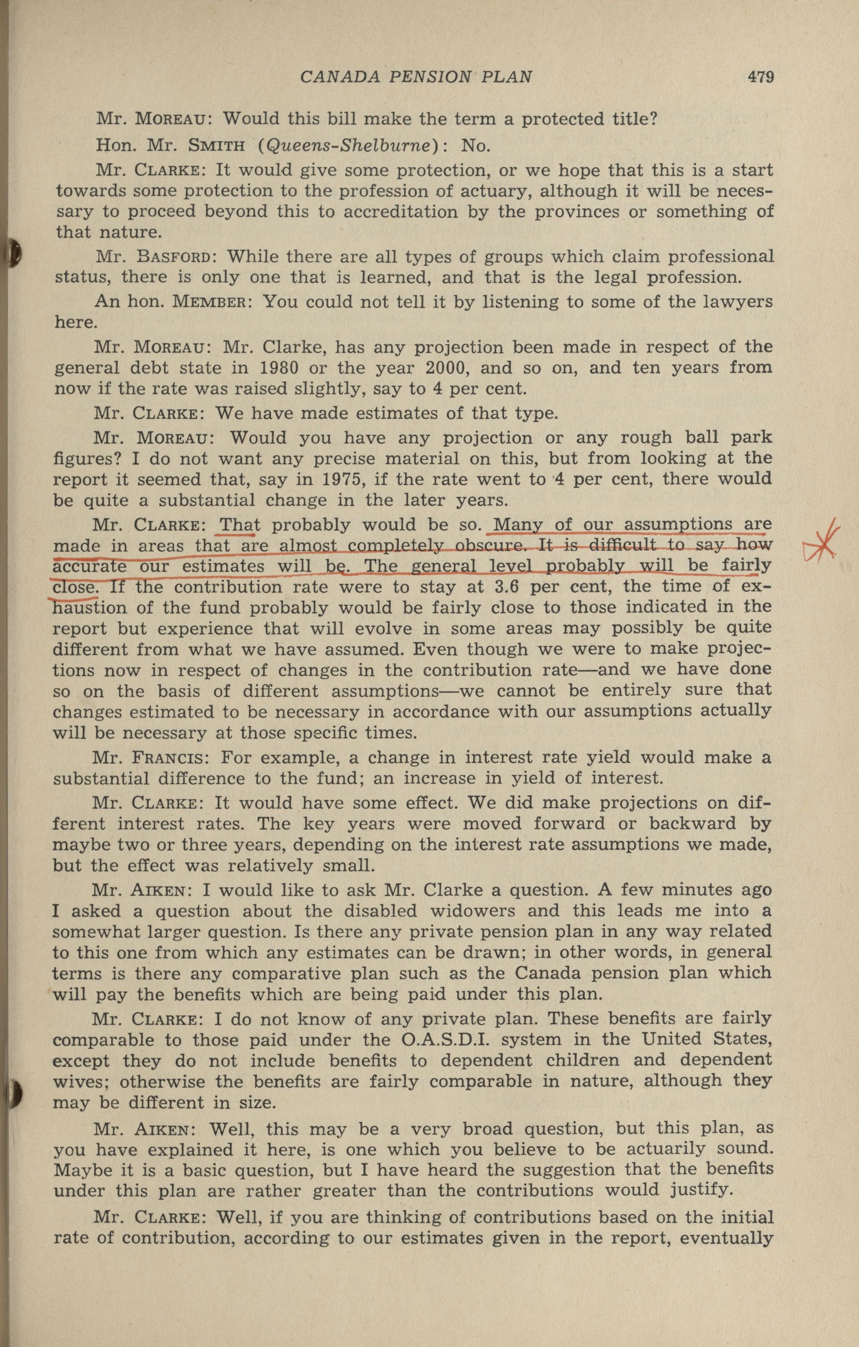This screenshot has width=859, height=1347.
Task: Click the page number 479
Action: (x=760, y=76)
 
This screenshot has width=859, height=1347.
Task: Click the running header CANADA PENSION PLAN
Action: (x=415, y=76)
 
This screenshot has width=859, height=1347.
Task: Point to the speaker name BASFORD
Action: (x=174, y=257)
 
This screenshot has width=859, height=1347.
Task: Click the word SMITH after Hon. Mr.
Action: (x=216, y=147)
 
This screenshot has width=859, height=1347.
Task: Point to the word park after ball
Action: (x=747, y=437)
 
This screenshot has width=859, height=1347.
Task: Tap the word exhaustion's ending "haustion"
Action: (x=89, y=607)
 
